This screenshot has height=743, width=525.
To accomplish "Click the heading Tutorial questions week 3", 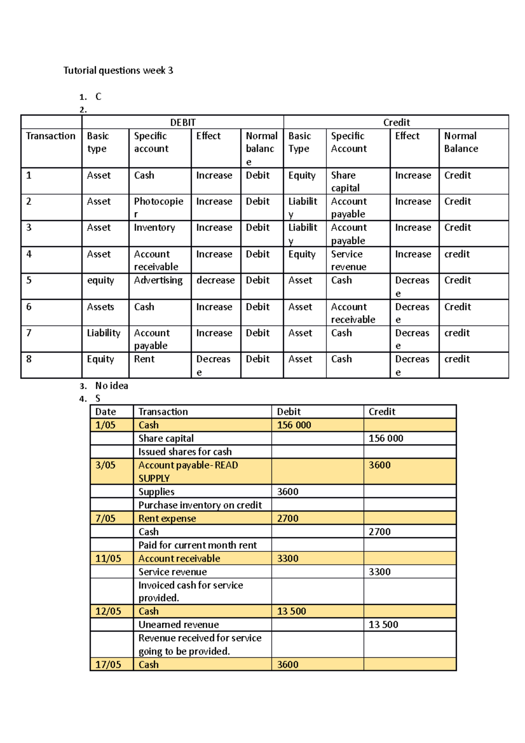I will click(118, 70).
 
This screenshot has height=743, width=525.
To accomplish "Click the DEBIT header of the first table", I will click(182, 123).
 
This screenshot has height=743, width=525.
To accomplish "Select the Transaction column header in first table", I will click(50, 136).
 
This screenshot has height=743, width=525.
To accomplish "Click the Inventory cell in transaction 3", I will click(154, 228).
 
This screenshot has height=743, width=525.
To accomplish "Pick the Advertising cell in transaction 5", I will click(158, 280).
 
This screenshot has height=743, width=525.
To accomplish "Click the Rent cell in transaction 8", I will click(144, 359).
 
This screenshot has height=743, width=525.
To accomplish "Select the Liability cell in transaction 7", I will click(103, 333).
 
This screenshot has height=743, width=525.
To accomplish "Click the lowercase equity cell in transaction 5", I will click(100, 280).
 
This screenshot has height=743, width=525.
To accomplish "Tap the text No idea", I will click(112, 386).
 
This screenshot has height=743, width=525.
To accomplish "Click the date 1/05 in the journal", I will click(105, 425).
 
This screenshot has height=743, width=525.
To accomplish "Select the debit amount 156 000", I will click(294, 425).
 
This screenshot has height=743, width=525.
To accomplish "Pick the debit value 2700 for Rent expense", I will click(287, 519).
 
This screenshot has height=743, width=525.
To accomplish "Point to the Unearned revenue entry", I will click(178, 625).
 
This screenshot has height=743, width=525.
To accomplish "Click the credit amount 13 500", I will click(383, 625).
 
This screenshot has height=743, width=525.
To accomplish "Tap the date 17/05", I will click(108, 665).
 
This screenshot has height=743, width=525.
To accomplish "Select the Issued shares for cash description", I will click(185, 452).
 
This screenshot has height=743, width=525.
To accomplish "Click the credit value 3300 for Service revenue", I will click(379, 572).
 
